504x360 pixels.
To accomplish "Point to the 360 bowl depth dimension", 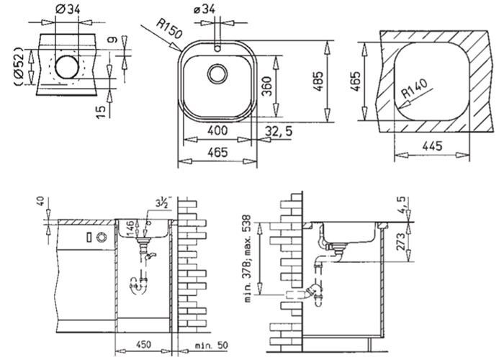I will click(x=286, y=87).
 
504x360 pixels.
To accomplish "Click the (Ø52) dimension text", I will click(x=19, y=68).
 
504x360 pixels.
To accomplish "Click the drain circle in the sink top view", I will click(x=217, y=73).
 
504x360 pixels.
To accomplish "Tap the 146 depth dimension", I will click(x=130, y=230).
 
